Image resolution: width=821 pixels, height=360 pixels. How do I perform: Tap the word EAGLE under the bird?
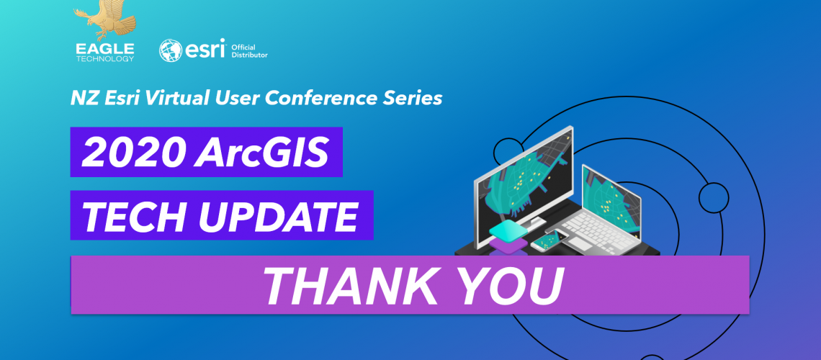click(x=104, y=49)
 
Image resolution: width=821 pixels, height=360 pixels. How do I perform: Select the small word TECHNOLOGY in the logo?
click(x=104, y=58)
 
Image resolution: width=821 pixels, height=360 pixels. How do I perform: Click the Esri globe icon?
click(x=171, y=51)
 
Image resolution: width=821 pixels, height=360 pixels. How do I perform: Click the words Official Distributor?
click(x=249, y=50)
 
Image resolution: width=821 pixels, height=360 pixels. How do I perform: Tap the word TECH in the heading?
click(x=138, y=215)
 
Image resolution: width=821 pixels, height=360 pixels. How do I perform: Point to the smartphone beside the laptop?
click(x=549, y=240)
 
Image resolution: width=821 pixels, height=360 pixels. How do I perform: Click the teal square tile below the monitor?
click(x=507, y=229)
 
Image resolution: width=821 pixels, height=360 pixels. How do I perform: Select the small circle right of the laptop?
click(x=714, y=198)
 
